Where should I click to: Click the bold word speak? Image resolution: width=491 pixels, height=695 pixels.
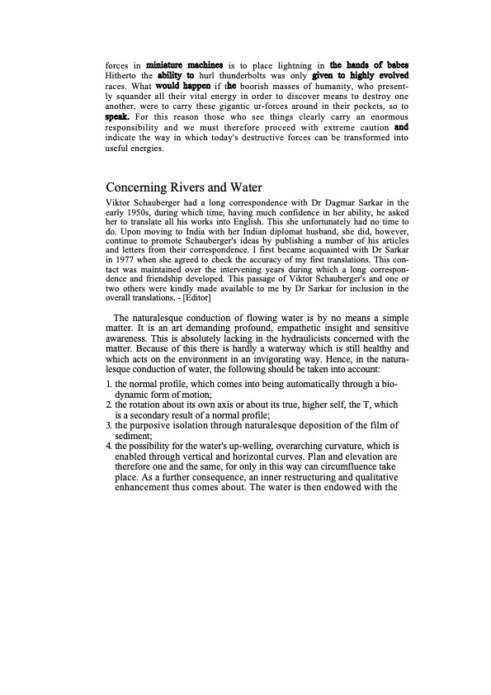point(120,117)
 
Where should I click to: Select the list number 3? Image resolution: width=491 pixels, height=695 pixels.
point(110,425)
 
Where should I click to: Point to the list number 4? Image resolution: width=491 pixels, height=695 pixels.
point(110,446)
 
